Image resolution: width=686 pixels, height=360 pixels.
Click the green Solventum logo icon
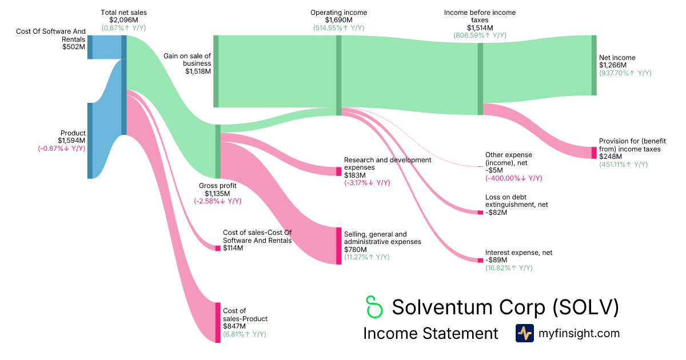pos(373,307)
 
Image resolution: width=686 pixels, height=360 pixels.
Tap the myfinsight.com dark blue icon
pos(524,333)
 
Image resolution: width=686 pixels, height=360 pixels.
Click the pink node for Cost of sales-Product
pos(218,322)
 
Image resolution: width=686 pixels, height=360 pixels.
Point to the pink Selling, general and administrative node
pos(338,246)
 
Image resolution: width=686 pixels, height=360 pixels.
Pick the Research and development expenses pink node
pos(338,171)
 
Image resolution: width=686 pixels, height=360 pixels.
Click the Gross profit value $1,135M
pos(217,193)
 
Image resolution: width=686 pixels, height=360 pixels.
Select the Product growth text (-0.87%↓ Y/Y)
pos(61,149)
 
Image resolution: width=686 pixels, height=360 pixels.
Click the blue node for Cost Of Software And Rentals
pos(90,47)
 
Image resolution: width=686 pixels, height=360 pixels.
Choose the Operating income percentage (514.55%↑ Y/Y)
pos(338,27)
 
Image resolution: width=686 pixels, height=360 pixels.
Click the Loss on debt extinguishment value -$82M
pos(496,213)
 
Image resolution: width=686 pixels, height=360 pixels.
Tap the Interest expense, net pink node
pos(480,260)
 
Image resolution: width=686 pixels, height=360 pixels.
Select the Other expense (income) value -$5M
pos(494,170)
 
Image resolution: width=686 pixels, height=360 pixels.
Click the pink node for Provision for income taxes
pos(594,153)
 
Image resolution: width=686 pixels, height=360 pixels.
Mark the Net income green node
pos(594,65)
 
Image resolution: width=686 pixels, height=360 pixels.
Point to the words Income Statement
pos(430,334)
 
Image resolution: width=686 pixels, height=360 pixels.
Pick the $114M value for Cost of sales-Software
pos(233,248)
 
